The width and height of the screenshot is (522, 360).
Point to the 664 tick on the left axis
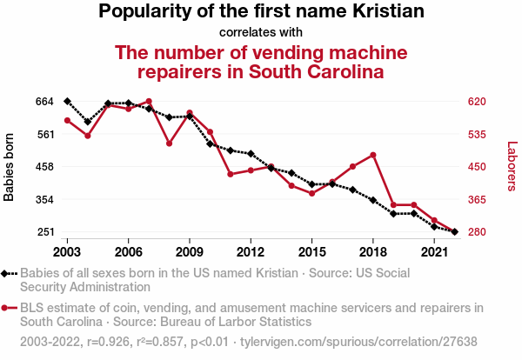[x=20, y=102]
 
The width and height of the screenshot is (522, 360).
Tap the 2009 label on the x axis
[x=190, y=251]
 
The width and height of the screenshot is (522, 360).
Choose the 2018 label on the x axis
[x=372, y=251]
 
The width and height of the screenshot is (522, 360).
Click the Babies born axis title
[x=10, y=167]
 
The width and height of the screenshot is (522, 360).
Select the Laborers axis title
[x=512, y=167]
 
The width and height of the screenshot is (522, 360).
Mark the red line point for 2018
[x=372, y=155]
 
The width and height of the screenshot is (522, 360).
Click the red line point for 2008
[x=169, y=143]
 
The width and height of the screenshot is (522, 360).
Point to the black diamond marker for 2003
[x=67, y=102]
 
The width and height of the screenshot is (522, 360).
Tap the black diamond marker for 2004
[x=88, y=122]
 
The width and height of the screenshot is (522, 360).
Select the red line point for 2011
[x=231, y=174]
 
